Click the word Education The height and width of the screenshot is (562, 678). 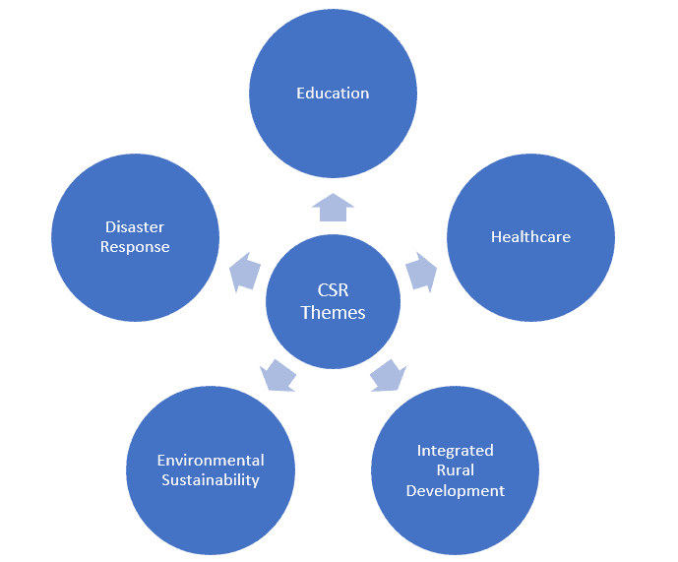click(333, 94)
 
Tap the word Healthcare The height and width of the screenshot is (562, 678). click(530, 236)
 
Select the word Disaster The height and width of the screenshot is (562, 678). click(135, 226)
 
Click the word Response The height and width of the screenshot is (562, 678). click(135, 247)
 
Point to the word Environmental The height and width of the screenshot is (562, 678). click(211, 460)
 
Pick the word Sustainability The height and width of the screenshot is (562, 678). click(211, 479)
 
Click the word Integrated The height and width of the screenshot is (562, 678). click(455, 451)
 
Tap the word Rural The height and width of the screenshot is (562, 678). click(455, 469)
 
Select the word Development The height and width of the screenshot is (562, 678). click(455, 491)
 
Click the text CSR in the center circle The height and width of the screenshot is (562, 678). click(333, 290)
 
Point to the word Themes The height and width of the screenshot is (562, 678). click(333, 312)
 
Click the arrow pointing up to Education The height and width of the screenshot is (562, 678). click(333, 208)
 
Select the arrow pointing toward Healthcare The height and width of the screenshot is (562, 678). click(421, 272)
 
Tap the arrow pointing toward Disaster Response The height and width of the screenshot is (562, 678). click(245, 272)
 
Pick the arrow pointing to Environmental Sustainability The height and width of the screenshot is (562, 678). click(277, 376)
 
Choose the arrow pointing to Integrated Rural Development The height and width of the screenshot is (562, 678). click(389, 376)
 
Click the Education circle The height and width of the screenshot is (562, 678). click(333, 94)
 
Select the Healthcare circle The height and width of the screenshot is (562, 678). click(530, 237)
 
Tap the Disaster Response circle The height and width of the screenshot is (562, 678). click(136, 237)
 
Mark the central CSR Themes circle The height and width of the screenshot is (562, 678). click(333, 301)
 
